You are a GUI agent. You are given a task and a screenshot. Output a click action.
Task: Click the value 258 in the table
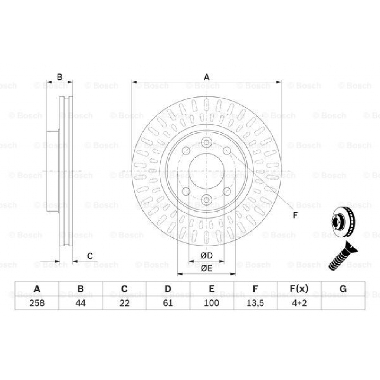[37, 303]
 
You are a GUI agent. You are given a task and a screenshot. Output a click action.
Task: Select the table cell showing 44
[81, 303]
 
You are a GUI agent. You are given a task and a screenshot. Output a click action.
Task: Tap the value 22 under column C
[124, 303]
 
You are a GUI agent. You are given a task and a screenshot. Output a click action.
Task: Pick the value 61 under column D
[168, 303]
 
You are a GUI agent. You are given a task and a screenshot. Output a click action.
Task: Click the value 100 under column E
[212, 303]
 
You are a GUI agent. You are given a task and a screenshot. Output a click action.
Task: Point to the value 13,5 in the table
[255, 303]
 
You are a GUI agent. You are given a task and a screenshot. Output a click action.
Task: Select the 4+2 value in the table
[299, 303]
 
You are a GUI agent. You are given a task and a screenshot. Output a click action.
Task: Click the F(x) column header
[299, 289]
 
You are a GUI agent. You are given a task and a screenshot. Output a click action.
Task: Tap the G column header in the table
[343, 289]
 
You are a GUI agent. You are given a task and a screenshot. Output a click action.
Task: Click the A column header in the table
[37, 289]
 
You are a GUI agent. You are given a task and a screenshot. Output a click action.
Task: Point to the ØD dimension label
[206, 256]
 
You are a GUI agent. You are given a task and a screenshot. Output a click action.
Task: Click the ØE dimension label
[206, 269]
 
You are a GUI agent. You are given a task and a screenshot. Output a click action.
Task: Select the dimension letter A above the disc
[207, 77]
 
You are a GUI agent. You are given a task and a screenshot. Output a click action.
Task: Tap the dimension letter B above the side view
[59, 77]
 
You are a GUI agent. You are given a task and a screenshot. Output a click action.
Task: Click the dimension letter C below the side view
[90, 256]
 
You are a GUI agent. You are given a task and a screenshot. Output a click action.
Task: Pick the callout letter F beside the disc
[295, 215]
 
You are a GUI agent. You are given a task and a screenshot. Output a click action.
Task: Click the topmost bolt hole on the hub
[207, 143]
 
